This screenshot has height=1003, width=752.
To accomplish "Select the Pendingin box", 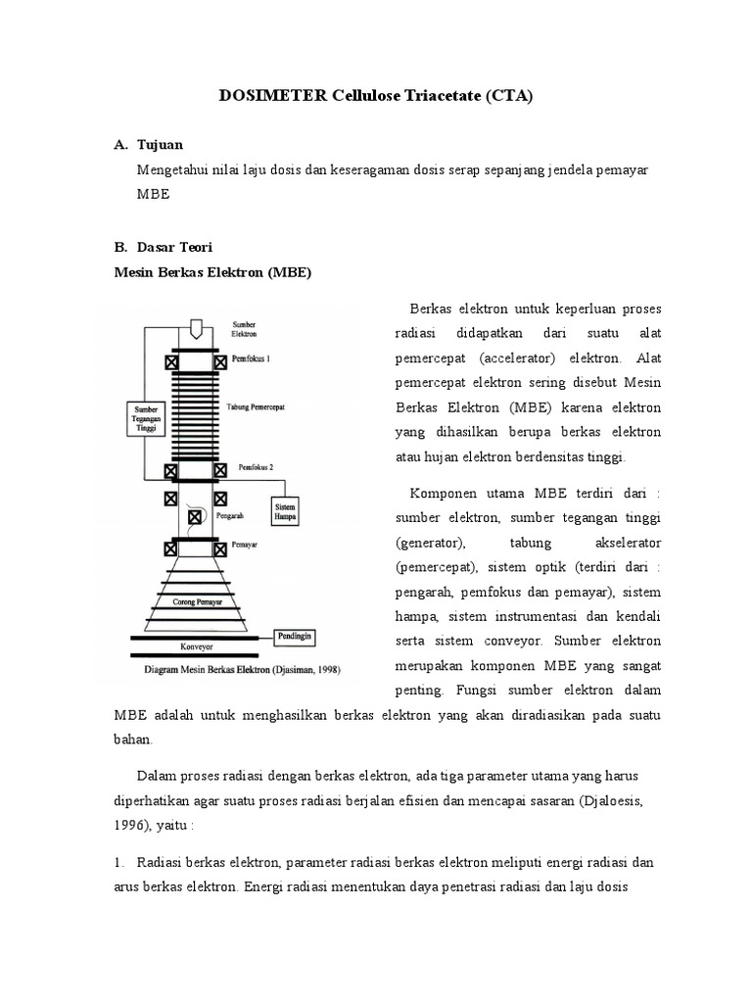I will [299, 635].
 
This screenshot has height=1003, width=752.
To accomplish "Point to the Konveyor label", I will [195, 646].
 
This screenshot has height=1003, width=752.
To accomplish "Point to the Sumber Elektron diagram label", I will [245, 328].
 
